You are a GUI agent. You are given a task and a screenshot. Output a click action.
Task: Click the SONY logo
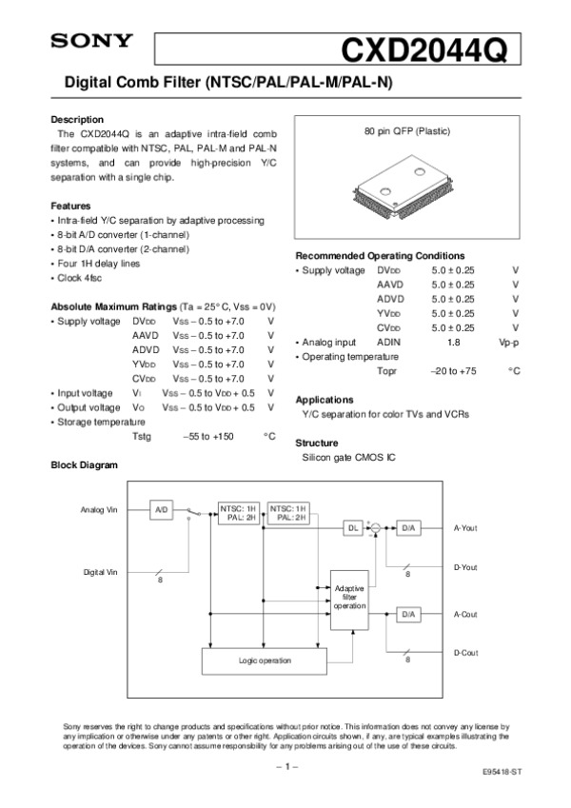(x=90, y=41)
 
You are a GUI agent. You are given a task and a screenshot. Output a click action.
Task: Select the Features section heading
(x=69, y=206)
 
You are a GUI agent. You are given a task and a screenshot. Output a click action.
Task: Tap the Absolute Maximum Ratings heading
(x=112, y=306)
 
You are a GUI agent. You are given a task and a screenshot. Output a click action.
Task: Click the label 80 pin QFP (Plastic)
(x=407, y=130)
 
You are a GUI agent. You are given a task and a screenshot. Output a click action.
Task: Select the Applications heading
(x=325, y=400)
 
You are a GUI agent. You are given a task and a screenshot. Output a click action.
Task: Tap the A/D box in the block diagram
(x=161, y=510)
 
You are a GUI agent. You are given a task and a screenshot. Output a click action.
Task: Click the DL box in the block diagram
(x=353, y=527)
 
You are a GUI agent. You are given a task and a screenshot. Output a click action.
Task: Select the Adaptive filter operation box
(x=349, y=598)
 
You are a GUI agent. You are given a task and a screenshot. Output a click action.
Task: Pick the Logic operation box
(x=265, y=660)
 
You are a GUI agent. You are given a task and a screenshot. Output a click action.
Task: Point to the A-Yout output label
(x=465, y=527)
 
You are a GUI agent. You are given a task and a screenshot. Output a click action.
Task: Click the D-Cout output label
(x=465, y=652)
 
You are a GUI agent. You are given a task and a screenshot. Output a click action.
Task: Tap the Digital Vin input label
(x=100, y=572)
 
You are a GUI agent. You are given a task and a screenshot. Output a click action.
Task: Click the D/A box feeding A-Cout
(x=408, y=615)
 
